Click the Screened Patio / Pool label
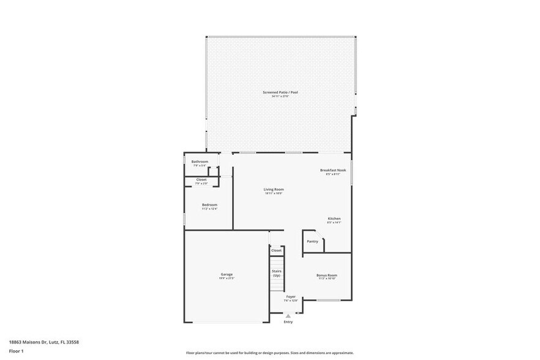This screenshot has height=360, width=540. coord(280,92)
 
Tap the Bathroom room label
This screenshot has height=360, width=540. coord(200,162)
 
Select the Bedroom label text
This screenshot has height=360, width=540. coord(209,204)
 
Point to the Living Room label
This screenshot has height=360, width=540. coord(274,189)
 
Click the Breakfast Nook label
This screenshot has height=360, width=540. coord(333,170)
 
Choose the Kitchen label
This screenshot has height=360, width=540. coord(334,219)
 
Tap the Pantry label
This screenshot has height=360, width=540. coord(312,241)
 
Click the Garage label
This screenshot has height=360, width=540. coord(227,274)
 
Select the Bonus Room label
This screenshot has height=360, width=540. coord(326,276)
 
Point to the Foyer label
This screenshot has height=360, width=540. coord(291,296)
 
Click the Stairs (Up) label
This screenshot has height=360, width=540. coord(276,273)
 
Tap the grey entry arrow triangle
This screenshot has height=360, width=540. coord(288,316)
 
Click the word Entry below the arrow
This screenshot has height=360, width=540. coord(288,322)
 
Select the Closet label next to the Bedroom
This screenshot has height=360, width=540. coord(201,179)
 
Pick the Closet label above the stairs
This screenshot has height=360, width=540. coord(276,250)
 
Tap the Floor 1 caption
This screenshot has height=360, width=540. coord(16,351)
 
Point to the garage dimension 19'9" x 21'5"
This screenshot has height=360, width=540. coord(227,279)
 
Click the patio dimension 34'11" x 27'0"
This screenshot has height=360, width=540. coord(280,97)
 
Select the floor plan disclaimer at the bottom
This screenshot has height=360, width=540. coord(269,353)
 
